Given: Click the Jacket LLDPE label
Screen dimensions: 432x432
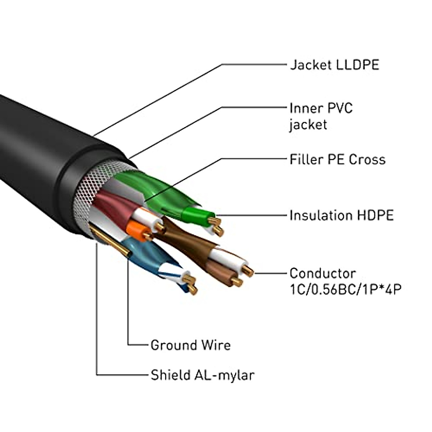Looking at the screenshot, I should tap(334, 65).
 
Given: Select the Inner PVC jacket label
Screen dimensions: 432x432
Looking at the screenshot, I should tap(321, 116).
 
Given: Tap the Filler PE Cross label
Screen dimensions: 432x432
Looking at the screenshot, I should tap(337, 159).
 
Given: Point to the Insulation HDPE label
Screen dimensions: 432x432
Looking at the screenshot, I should tap(341, 216).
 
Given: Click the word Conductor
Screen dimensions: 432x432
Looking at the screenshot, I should tap(323, 274).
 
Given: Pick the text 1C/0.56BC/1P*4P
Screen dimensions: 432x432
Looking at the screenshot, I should tap(345, 289).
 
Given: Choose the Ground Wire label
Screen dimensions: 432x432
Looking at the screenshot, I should tap(190, 345).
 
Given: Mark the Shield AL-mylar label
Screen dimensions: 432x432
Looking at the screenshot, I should tap(202, 375).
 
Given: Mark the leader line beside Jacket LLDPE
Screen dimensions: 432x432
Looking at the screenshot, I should tap(252, 65).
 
